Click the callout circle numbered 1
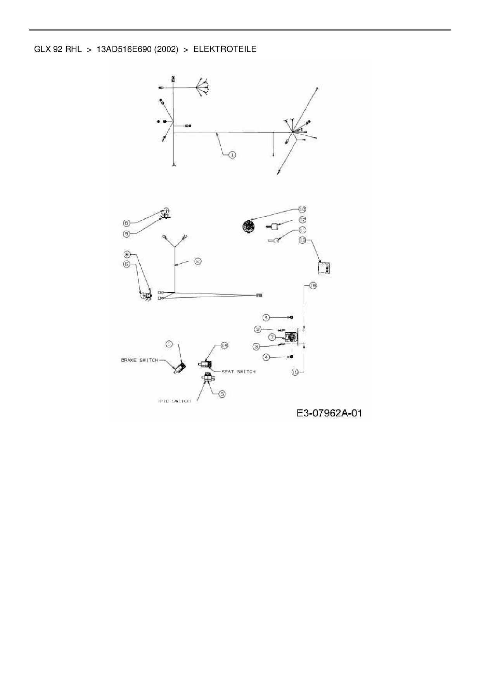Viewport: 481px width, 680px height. point(232,155)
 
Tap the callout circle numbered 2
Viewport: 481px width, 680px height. point(198,261)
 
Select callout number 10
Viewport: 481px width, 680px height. point(302,209)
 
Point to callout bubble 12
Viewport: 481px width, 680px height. point(302,220)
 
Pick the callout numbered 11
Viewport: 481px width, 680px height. point(302,230)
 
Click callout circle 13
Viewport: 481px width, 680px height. point(302,240)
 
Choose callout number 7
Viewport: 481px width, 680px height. point(273,337)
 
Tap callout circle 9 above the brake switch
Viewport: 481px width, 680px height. point(169,343)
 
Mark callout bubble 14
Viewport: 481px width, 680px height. point(224,345)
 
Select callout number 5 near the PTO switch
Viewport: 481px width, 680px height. point(222,394)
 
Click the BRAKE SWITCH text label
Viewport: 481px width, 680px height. point(140,360)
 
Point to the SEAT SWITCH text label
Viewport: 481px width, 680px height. point(238,371)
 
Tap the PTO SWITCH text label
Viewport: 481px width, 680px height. point(175,401)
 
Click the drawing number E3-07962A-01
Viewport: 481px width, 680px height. point(329,413)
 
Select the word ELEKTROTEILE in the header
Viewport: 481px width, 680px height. point(225,49)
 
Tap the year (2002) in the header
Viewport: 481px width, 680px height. point(166,49)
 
